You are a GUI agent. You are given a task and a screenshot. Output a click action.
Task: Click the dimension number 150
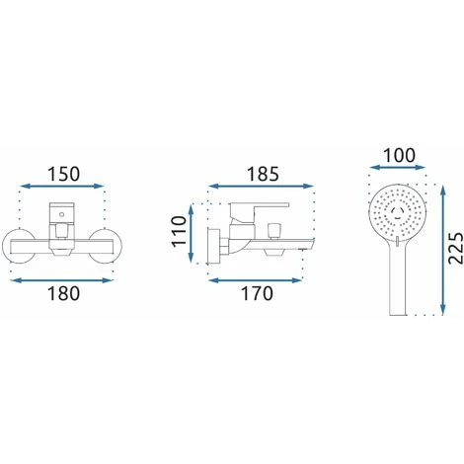pyautogui.click(x=64, y=174)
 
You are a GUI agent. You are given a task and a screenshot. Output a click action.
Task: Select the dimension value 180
pyautogui.click(x=64, y=293)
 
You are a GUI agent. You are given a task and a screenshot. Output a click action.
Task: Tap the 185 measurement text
pyautogui.click(x=263, y=174)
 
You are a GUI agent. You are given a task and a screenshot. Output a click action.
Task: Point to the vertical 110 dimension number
pyautogui.click(x=179, y=231)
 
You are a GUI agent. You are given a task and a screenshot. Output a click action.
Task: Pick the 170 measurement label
pyautogui.click(x=258, y=293)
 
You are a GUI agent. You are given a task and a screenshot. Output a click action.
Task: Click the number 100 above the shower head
pyautogui.click(x=400, y=156)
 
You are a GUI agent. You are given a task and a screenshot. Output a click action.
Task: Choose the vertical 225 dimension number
pyautogui.click(x=456, y=248)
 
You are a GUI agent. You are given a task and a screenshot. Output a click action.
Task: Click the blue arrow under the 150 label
pyautogui.click(x=62, y=187)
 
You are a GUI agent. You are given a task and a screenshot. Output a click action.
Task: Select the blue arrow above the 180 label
pyautogui.click(x=62, y=280)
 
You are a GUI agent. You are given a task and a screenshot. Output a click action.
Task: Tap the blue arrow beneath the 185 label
pyautogui.click(x=261, y=187)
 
